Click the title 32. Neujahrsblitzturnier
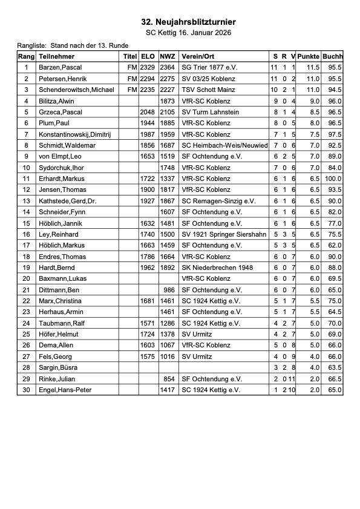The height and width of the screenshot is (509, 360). pyautogui.click(x=188, y=22)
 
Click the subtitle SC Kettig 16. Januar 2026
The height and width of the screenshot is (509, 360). pyautogui.click(x=188, y=33)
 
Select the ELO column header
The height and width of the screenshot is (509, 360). pyautogui.click(x=148, y=56)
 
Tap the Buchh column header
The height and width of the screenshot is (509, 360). pyautogui.click(x=333, y=56)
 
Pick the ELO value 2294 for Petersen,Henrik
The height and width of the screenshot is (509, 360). pyautogui.click(x=148, y=79)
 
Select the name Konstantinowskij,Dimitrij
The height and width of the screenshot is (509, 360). pyautogui.click(x=75, y=134)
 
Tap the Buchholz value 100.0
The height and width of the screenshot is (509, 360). pyautogui.click(x=333, y=179)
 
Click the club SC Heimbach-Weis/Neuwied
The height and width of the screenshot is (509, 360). pyautogui.click(x=224, y=145)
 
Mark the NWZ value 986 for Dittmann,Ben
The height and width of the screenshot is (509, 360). pyautogui.click(x=169, y=290)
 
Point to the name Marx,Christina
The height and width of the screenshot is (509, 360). pyautogui.click(x=60, y=301)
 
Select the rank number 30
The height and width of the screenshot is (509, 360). pyautogui.click(x=26, y=390)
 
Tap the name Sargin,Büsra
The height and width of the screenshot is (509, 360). pyautogui.click(x=57, y=367)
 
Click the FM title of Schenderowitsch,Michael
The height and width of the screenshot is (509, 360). pyautogui.click(x=132, y=90)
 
